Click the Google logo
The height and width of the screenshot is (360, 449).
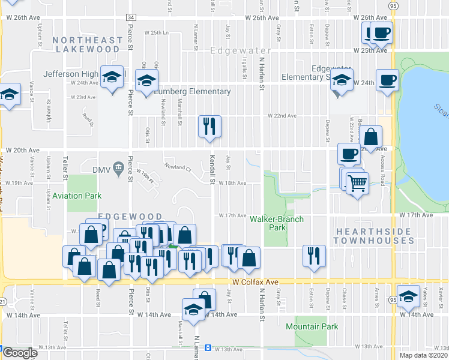coord(20,353)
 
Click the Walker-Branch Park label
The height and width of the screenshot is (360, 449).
coord(277,223)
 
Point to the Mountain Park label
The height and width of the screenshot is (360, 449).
coord(312,326)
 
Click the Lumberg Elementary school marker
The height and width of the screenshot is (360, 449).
coord(146,81)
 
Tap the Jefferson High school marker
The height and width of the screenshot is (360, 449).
coord(112,77)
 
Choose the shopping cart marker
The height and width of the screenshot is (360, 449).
coord(357,183)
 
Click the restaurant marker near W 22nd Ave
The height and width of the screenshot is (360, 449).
coord(209,127)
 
